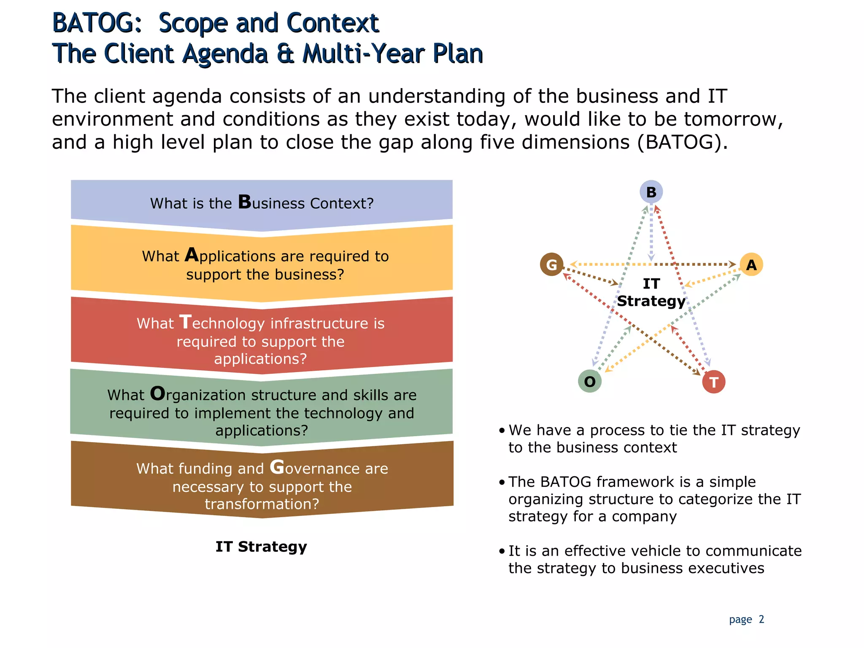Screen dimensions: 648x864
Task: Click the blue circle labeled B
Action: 651,192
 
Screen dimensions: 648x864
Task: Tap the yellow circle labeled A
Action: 751,265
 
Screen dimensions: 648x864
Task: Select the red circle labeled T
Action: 714,382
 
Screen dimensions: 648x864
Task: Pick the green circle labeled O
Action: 590,381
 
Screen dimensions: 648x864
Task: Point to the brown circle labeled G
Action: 551,265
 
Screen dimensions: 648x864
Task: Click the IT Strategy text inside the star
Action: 651,292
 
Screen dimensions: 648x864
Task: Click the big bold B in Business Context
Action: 245,202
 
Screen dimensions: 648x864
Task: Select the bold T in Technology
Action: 186,322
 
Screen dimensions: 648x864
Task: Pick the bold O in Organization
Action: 158,394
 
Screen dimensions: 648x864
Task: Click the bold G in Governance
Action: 277,467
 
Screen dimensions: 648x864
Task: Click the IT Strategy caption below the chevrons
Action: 261,546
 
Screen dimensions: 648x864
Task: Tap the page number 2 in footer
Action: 761,619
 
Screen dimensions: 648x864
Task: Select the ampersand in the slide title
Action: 286,54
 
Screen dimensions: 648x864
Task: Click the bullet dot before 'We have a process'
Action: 502,431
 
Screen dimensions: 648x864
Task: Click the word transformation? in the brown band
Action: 262,504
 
